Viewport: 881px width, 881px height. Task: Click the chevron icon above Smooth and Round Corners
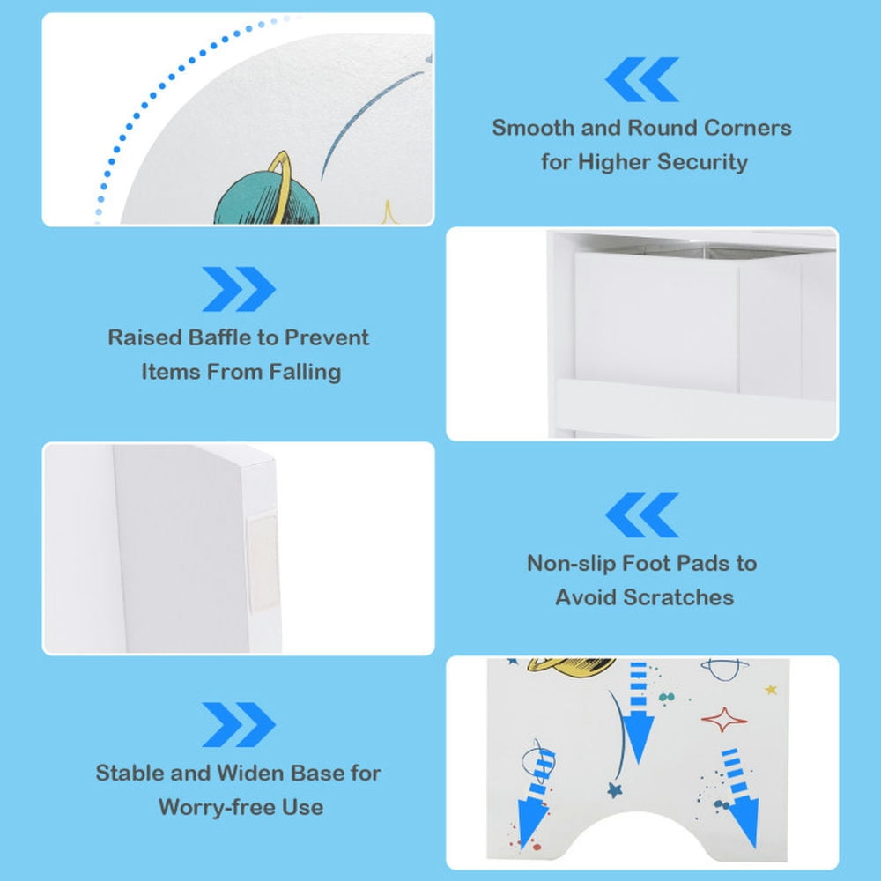click(x=641, y=79)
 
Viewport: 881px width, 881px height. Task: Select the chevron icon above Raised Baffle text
click(x=239, y=289)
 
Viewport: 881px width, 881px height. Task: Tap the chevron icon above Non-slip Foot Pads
click(x=641, y=515)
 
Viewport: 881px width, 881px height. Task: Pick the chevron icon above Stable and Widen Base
click(x=239, y=725)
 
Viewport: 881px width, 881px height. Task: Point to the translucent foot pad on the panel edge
click(x=263, y=562)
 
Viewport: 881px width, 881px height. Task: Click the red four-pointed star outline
click(x=723, y=720)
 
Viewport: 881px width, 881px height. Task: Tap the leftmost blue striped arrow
click(x=536, y=798)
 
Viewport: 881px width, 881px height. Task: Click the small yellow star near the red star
click(x=771, y=690)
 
